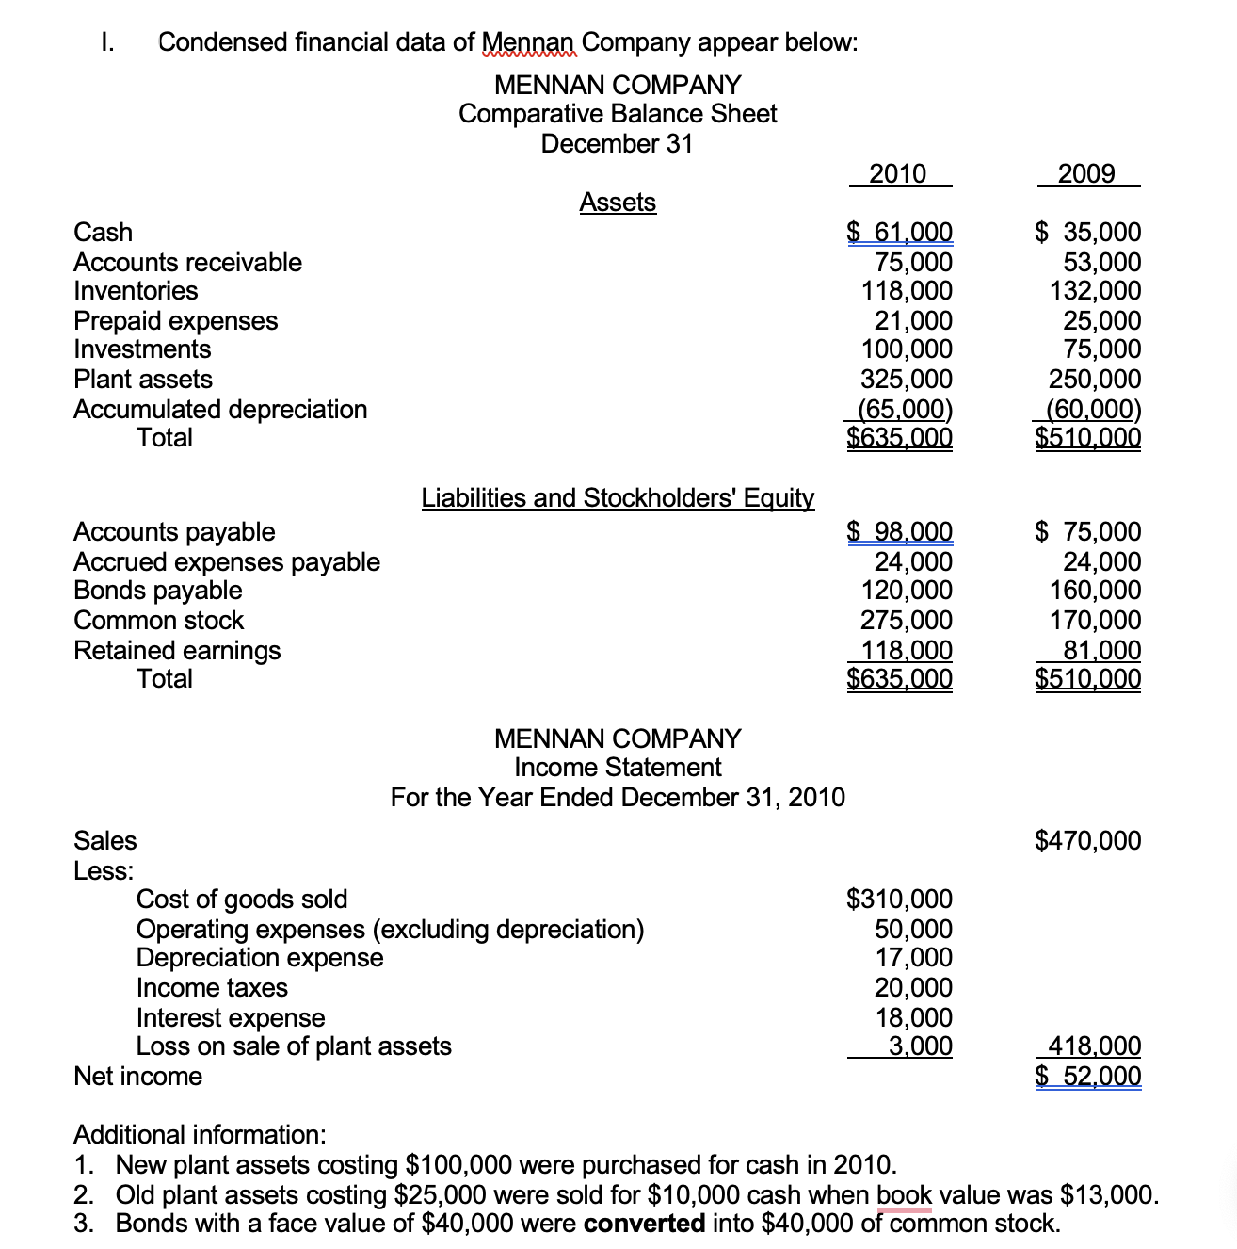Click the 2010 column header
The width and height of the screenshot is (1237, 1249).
[x=898, y=173]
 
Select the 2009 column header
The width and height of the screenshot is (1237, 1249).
[x=1086, y=173]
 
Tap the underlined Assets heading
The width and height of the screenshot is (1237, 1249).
[x=618, y=202]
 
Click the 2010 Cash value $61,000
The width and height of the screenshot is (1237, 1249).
[x=900, y=232]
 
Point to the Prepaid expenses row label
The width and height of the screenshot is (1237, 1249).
[x=176, y=320]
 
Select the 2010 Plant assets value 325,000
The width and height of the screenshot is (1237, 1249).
[x=907, y=379]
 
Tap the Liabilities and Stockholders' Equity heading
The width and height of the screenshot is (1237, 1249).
[x=618, y=497]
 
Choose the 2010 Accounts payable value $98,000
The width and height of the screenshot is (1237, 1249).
[x=900, y=531]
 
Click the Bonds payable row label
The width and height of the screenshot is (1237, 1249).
[x=158, y=591]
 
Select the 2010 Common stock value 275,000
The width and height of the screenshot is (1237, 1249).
[x=907, y=620]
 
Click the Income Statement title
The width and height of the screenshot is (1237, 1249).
[x=618, y=767]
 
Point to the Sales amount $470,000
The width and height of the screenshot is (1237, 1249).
[x=1087, y=840]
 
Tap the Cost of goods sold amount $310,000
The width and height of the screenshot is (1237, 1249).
[x=900, y=899]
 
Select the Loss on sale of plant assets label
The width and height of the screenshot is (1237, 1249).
[x=294, y=1046]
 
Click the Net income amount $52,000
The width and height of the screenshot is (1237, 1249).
[x=1088, y=1076]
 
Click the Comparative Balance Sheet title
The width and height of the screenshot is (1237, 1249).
[x=618, y=114]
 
